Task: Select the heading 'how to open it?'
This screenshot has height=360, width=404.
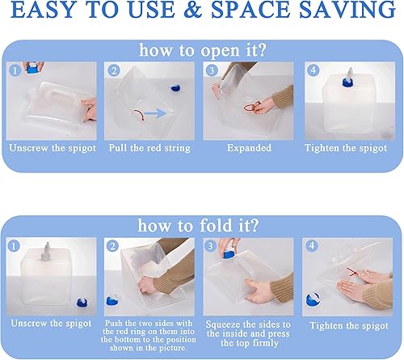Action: click(202, 50)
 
